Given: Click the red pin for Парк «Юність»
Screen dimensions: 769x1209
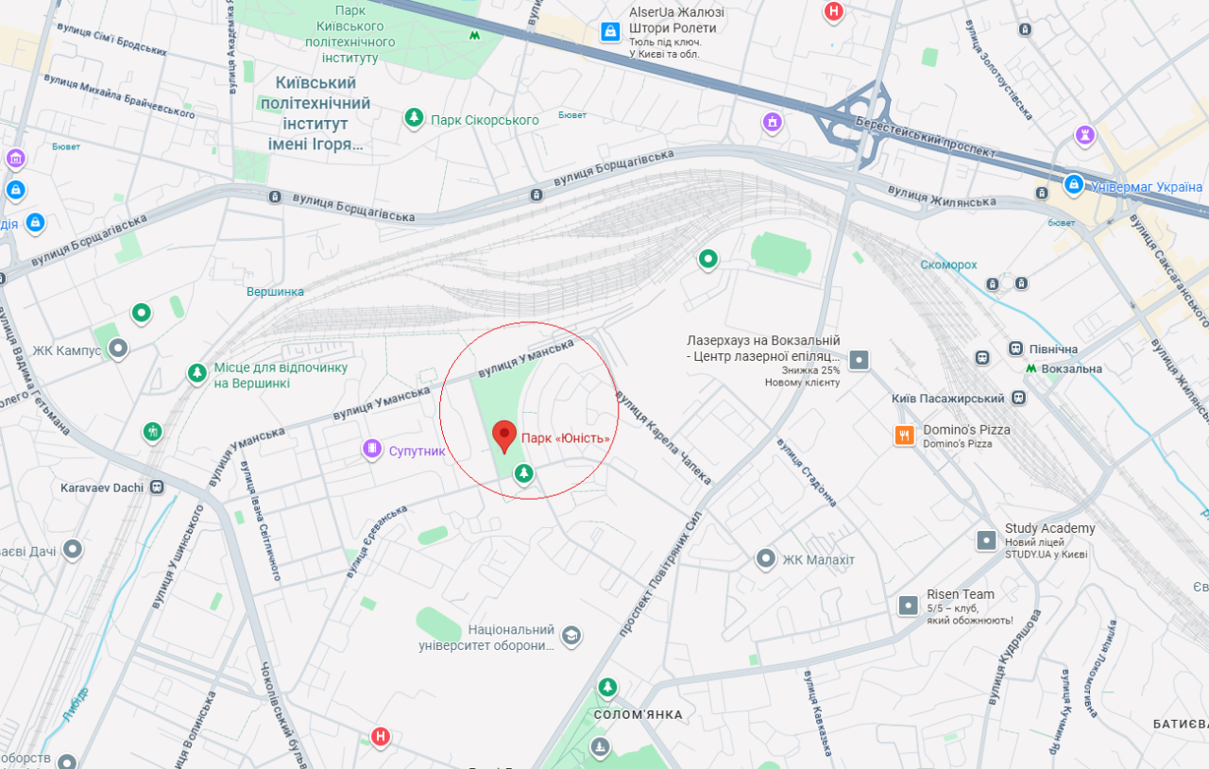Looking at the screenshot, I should [x=505, y=436].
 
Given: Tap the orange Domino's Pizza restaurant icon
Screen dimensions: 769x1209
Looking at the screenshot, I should [x=905, y=436].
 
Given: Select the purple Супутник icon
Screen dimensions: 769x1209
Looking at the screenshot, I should [x=372, y=450].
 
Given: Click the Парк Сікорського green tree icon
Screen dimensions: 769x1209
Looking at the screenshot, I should [x=414, y=118].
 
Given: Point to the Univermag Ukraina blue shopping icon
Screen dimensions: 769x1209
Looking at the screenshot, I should [x=1073, y=184].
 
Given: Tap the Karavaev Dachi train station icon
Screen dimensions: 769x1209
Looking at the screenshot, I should [x=157, y=487].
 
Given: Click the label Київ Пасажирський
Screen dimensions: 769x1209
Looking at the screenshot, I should [x=949, y=399].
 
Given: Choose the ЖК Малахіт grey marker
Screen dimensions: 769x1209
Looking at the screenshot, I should [x=766, y=559].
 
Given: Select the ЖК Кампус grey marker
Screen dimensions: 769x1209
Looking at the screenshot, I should [x=118, y=350].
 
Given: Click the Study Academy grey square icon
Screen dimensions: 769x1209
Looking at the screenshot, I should [x=986, y=540].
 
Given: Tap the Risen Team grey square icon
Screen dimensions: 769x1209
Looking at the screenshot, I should [x=909, y=606].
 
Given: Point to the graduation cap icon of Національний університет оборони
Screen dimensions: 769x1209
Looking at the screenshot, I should [x=570, y=636].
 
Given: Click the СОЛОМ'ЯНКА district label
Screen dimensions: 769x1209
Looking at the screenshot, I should [x=638, y=715].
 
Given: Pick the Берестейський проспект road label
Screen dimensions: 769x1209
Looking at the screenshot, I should [x=925, y=137].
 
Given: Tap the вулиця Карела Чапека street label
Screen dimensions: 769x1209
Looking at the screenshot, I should [x=663, y=437].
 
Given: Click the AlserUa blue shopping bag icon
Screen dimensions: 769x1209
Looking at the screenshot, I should [x=611, y=31].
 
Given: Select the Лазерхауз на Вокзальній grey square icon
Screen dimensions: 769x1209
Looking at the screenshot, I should [x=859, y=360].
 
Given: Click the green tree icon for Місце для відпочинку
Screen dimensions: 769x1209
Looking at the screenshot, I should [x=196, y=374].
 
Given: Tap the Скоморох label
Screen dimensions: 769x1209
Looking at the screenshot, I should [x=948, y=265].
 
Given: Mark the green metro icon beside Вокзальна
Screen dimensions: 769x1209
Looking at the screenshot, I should [x=1031, y=368].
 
